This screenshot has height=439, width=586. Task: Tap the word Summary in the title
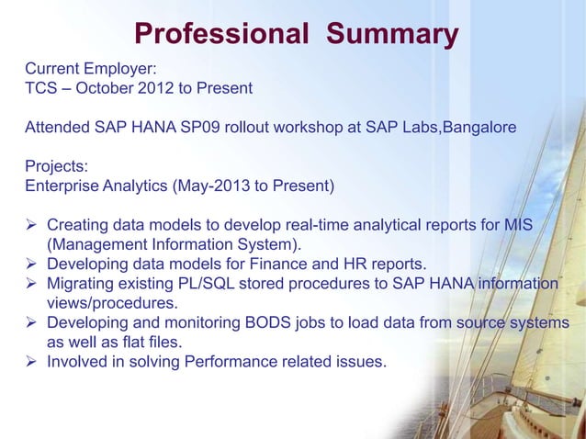click(392, 35)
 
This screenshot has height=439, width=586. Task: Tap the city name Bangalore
click(479, 129)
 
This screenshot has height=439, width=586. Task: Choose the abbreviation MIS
click(541, 225)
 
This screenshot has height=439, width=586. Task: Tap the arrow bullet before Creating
click(32, 226)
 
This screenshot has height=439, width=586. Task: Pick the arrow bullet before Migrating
click(32, 285)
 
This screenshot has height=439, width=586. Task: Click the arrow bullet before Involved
click(32, 362)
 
